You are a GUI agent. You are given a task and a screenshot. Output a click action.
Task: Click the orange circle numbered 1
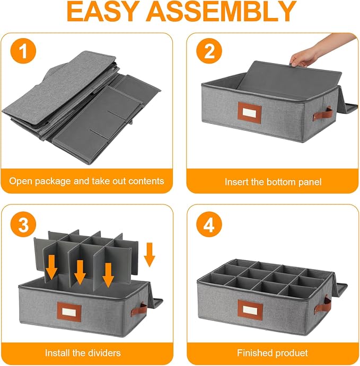23,51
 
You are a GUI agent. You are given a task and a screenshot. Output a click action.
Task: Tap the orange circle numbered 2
209,51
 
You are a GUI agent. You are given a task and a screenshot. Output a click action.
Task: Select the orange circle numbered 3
23,225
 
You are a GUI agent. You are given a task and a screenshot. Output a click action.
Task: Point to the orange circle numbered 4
209,225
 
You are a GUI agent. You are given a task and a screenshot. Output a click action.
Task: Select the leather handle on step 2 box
323,114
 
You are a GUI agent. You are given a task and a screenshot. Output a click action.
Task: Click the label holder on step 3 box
69,312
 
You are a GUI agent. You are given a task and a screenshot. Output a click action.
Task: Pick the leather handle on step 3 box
139,310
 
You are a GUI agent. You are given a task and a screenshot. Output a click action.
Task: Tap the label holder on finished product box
250,310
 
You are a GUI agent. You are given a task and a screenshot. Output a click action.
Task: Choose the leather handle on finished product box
322,305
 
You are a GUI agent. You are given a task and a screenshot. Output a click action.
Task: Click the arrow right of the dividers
150,255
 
